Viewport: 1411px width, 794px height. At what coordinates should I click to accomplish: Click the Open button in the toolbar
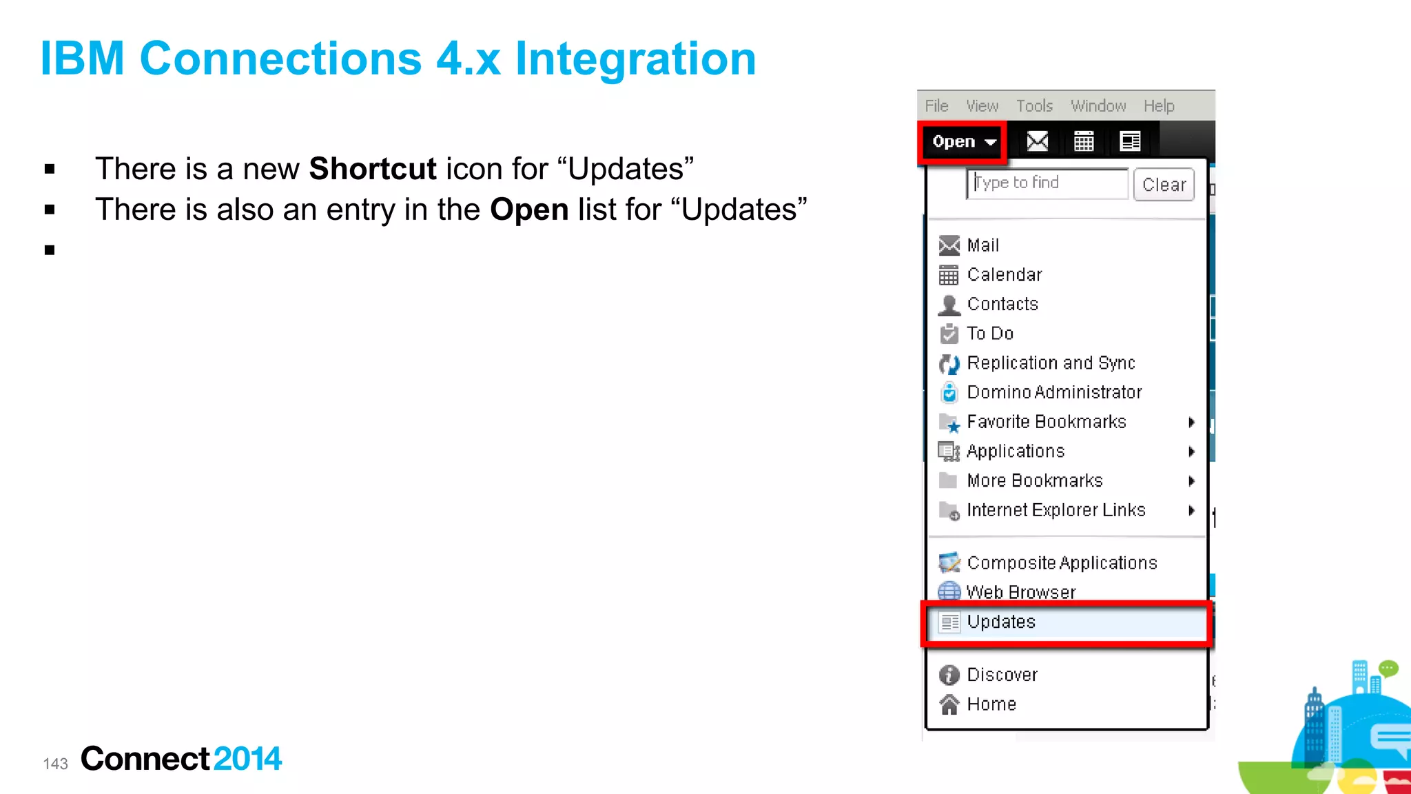(962, 142)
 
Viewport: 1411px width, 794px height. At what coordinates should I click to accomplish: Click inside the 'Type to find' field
(1047, 183)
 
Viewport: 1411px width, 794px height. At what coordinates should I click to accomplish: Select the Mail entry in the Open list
(982, 245)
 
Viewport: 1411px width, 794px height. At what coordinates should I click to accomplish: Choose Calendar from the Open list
(1004, 275)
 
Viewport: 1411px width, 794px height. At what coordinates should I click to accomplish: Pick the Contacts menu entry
(1002, 304)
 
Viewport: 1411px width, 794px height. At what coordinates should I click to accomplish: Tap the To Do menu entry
(989, 334)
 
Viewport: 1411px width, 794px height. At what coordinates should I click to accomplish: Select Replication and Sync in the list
(1050, 363)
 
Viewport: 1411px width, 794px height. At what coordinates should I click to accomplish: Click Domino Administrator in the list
(1053, 392)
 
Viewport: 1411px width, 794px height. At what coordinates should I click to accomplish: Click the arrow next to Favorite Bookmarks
(1191, 423)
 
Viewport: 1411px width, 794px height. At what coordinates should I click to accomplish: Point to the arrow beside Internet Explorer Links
(1191, 511)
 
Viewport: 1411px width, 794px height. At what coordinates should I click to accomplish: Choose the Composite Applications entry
(1061, 563)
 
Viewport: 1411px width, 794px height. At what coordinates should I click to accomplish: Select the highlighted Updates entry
(1000, 622)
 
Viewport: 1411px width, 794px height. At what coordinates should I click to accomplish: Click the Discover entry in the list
(1002, 675)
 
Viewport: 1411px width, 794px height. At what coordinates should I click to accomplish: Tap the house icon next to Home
(949, 704)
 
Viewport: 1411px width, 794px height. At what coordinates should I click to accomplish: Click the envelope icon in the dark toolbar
(1037, 142)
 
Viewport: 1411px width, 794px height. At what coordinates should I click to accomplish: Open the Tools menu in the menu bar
(1034, 106)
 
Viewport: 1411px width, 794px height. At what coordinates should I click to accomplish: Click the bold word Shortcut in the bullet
(373, 169)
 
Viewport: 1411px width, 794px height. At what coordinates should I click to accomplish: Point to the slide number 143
(56, 764)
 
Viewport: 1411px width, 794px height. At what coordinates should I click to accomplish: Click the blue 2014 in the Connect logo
(247, 759)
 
